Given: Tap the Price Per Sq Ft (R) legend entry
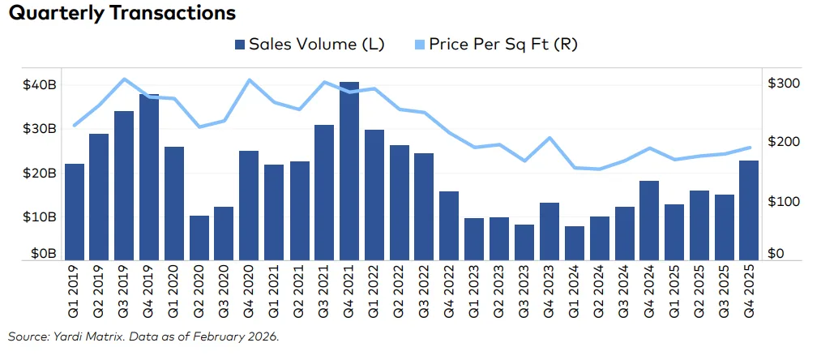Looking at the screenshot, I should click(x=500, y=44).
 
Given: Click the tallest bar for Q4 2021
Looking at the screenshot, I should click(x=349, y=171).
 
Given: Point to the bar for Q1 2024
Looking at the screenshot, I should click(x=575, y=243).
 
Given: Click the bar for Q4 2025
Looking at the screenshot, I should click(x=750, y=210).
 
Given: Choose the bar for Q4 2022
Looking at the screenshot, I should click(x=449, y=225).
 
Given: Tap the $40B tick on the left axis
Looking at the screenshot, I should click(x=38, y=85).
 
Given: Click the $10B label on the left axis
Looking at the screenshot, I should click(x=38, y=217).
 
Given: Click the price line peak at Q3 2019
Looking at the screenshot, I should click(x=124, y=79).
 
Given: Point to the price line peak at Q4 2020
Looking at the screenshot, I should click(x=249, y=80).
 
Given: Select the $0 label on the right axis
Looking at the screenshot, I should click(x=776, y=254).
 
